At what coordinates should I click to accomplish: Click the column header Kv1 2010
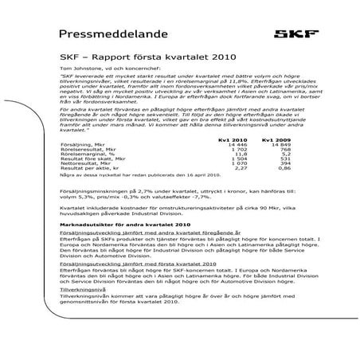(229, 162)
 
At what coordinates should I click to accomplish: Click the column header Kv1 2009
(273, 162)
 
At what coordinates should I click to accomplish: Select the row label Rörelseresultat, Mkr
(85, 173)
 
